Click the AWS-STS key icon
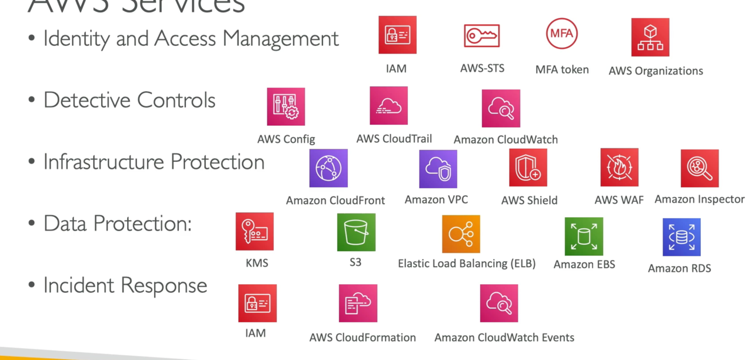tap(481, 36)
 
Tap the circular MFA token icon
tap(561, 34)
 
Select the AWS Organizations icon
tap(650, 37)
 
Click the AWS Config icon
tap(286, 106)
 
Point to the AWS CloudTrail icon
tap(388, 106)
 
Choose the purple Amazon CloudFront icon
tap(328, 168)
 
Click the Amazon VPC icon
tap(438, 169)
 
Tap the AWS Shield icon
tap(528, 168)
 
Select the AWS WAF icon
tap(619, 168)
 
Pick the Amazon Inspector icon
tap(699, 168)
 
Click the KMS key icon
tap(255, 232)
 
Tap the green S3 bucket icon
tap(356, 232)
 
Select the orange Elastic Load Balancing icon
tap(461, 234)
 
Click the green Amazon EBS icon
tap(584, 236)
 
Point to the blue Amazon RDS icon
tap(681, 237)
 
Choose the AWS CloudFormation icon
tap(358, 304)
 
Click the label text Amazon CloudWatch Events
tap(504, 338)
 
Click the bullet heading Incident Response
tap(125, 285)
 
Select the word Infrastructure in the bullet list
tap(104, 162)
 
